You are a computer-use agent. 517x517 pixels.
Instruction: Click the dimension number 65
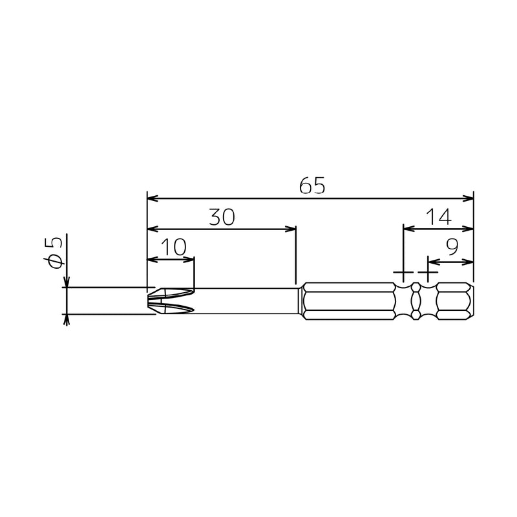coord(312,185)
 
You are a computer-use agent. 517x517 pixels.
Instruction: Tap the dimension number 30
coord(222,217)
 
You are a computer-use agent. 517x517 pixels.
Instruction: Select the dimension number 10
coord(173,248)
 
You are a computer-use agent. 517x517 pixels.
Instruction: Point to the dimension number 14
coord(439,217)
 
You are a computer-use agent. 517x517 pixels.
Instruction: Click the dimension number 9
coord(452,248)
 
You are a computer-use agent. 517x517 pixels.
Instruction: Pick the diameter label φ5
coord(53,252)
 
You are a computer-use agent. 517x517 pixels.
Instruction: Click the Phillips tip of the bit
coord(171,301)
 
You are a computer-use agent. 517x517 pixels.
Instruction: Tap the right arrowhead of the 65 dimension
coord(468,198)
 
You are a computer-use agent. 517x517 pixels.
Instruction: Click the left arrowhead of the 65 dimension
coord(153,198)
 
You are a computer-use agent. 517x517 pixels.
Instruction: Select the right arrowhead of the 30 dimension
coord(290,229)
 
